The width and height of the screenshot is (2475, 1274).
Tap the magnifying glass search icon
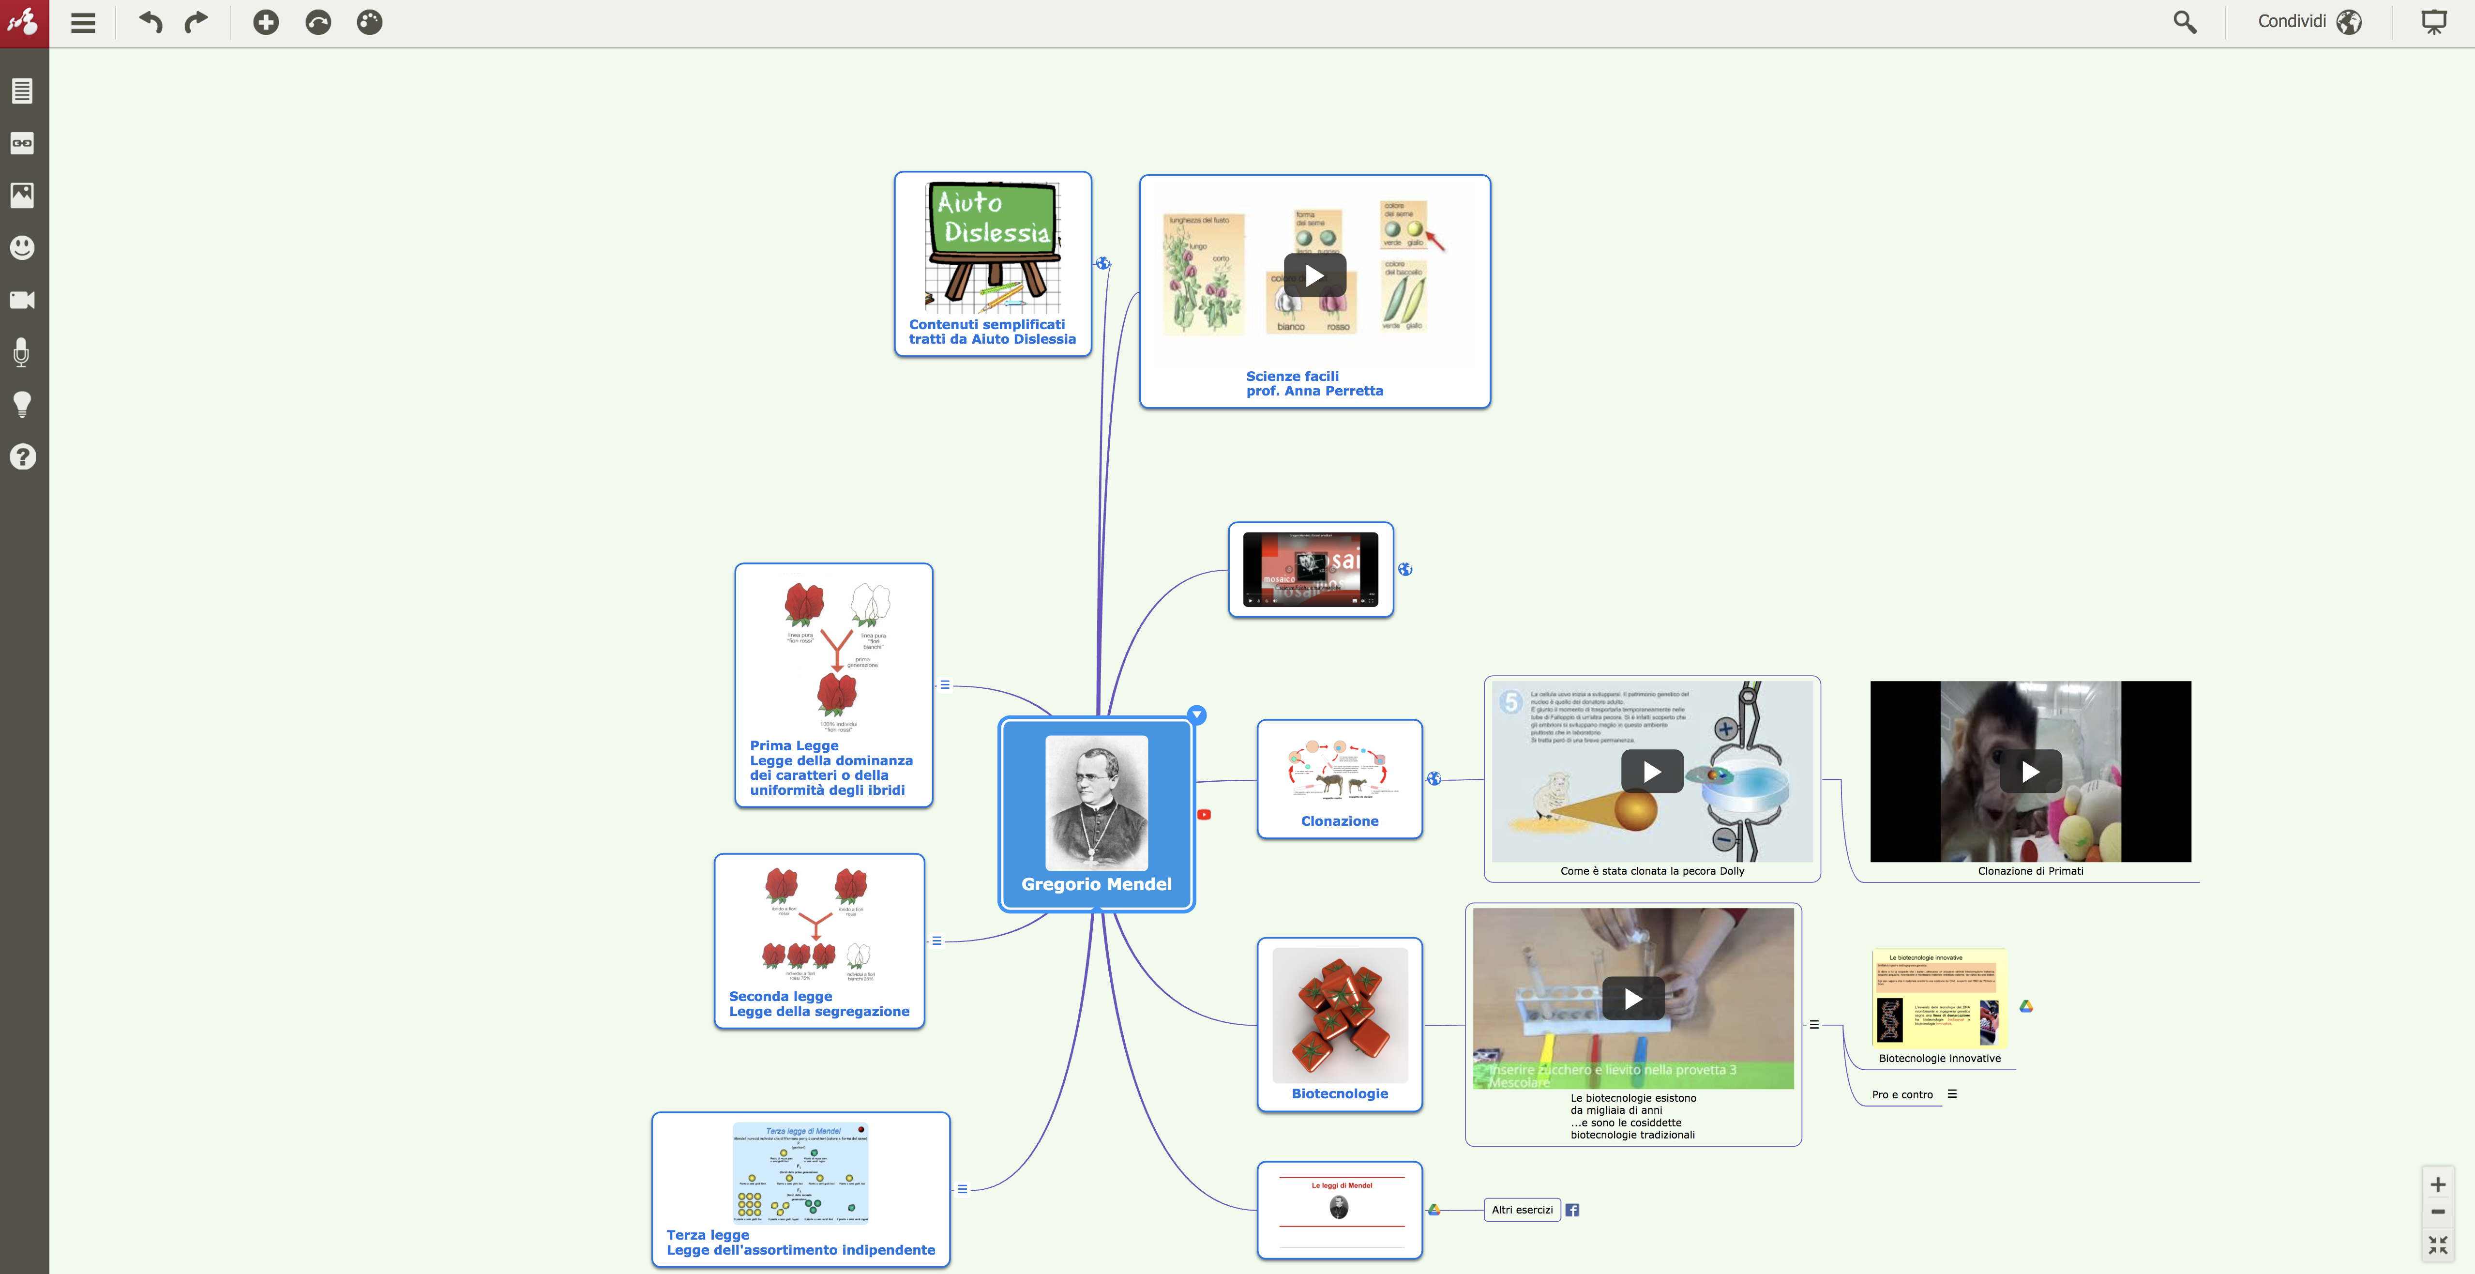click(2185, 22)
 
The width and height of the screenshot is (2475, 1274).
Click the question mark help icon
click(22, 456)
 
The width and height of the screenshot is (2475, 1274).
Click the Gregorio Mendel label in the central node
click(1096, 884)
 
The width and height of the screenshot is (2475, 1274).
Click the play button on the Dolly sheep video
click(1652, 772)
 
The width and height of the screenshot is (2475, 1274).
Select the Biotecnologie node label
click(1339, 1093)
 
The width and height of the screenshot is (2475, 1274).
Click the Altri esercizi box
click(1522, 1210)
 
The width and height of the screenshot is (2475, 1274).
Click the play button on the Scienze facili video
click(1314, 276)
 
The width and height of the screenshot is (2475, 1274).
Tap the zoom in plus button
click(2438, 1184)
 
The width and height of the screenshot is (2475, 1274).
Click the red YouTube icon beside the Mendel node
click(1204, 815)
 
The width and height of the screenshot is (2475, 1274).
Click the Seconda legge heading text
click(780, 996)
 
